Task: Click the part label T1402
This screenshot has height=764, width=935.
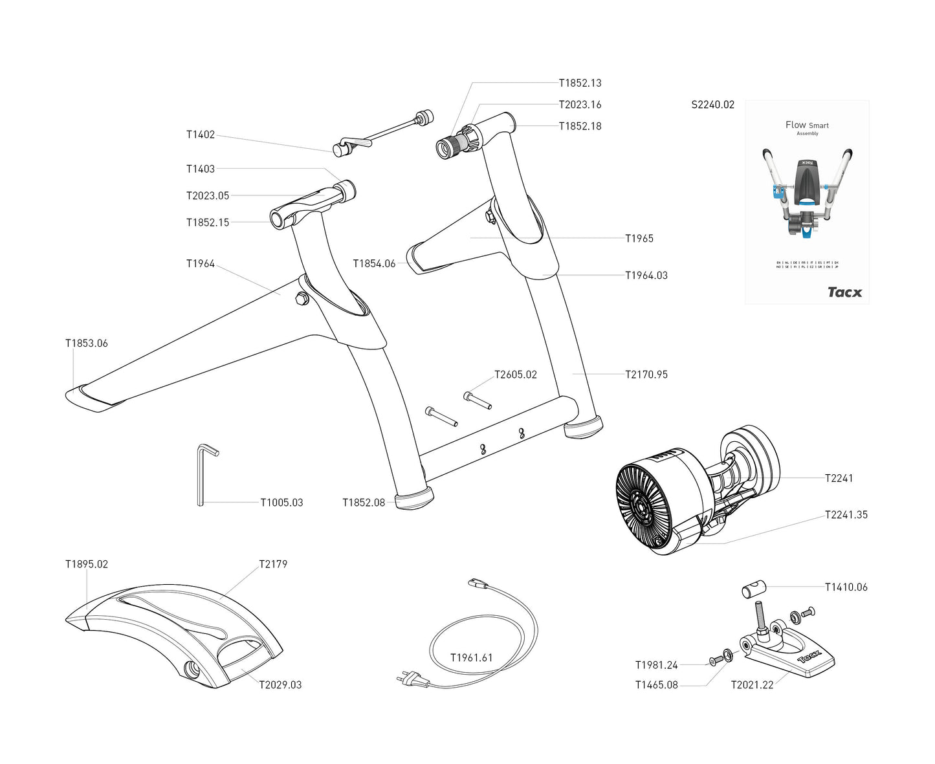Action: pyautogui.click(x=200, y=135)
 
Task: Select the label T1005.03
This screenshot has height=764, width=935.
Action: pyautogui.click(x=281, y=503)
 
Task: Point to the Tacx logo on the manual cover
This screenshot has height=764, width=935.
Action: pyautogui.click(x=844, y=292)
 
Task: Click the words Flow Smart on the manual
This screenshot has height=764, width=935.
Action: pyautogui.click(x=806, y=125)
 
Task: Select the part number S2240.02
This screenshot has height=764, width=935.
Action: pyautogui.click(x=712, y=105)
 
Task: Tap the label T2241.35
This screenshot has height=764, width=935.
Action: pyautogui.click(x=846, y=515)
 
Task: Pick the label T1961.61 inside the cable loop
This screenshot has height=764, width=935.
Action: pyautogui.click(x=471, y=658)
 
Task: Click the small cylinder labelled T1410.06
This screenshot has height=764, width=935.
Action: pyautogui.click(x=753, y=590)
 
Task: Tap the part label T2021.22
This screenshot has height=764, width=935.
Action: pyautogui.click(x=752, y=685)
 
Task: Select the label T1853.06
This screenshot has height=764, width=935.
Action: pyautogui.click(x=86, y=344)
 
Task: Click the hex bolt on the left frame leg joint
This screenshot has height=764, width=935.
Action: pyautogui.click(x=301, y=298)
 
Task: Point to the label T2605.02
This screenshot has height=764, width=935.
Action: pyautogui.click(x=515, y=375)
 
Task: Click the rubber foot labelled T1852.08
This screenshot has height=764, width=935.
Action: pyautogui.click(x=414, y=499)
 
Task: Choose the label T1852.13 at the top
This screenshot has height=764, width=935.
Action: pyautogui.click(x=580, y=83)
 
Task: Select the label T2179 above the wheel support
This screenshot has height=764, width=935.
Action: pyautogui.click(x=272, y=564)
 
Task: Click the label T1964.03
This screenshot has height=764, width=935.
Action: pyautogui.click(x=646, y=276)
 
